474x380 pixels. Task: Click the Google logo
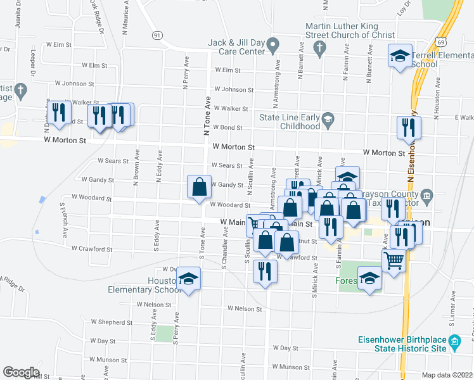click(x=21, y=372)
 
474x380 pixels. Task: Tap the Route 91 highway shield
click(x=156, y=34)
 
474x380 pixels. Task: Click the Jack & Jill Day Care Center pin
click(x=273, y=46)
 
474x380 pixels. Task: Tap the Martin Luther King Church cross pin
click(x=321, y=47)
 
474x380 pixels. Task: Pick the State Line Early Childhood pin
click(x=328, y=118)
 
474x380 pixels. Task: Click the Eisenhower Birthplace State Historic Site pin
click(x=454, y=343)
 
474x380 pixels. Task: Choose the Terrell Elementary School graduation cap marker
click(x=400, y=55)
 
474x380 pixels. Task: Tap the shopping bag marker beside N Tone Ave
click(x=199, y=187)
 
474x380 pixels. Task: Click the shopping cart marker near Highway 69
click(x=394, y=260)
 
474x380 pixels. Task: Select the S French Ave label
click(x=63, y=219)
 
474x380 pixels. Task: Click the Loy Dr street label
click(x=400, y=8)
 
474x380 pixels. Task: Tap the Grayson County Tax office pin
click(x=426, y=194)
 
